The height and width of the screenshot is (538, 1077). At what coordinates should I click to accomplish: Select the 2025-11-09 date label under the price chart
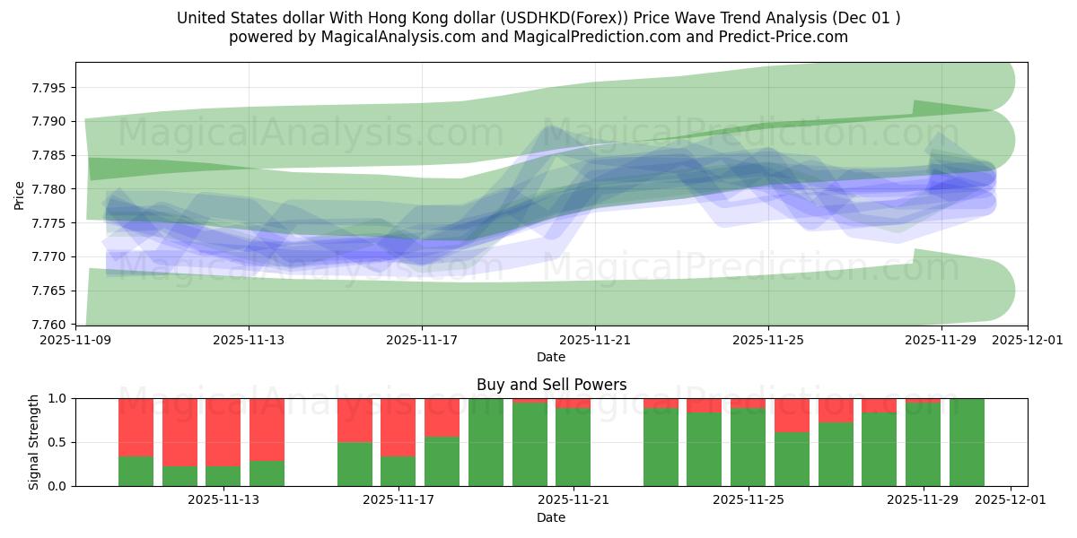75,341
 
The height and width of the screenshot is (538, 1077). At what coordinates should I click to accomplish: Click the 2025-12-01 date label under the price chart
1027,341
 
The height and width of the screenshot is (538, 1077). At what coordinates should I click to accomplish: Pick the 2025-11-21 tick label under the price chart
594,341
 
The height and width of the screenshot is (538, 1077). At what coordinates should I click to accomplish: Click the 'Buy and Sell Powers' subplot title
551,385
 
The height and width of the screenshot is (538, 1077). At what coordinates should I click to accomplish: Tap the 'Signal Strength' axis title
33,442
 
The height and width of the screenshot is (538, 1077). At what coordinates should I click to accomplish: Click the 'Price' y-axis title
20,194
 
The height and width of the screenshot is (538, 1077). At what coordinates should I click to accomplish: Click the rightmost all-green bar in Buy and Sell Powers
967,442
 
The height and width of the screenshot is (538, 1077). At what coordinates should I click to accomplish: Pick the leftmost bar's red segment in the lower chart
136,427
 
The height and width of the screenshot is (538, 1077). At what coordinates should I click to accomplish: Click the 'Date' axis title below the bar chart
551,517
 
